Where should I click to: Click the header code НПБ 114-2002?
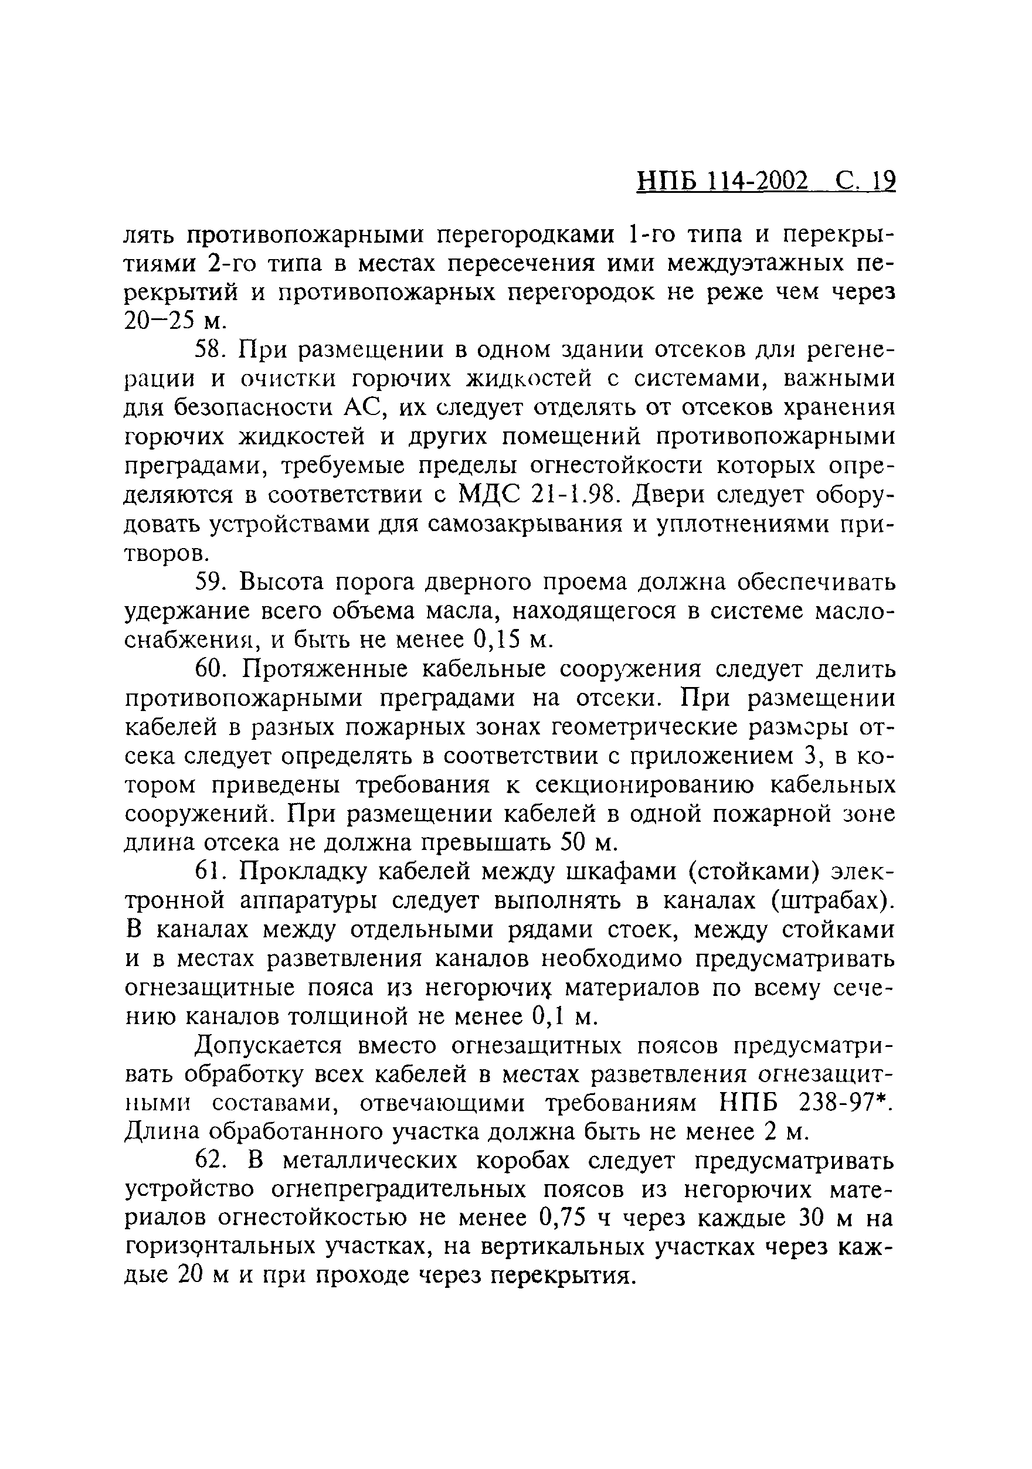pyautogui.click(x=722, y=182)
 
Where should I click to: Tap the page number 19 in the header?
pyautogui.click(x=883, y=182)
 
